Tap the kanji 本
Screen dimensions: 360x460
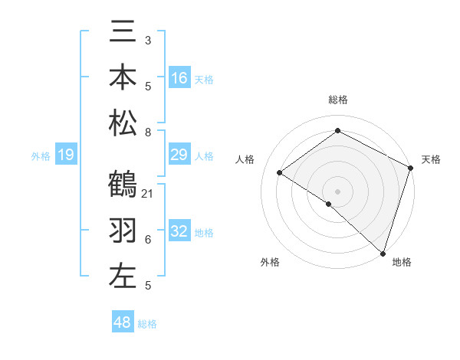click(123, 78)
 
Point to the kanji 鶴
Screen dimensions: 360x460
click(123, 186)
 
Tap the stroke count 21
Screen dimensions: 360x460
click(148, 193)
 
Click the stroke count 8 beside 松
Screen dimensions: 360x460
click(147, 132)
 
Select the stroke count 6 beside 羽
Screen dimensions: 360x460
click(147, 240)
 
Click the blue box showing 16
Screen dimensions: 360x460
click(179, 77)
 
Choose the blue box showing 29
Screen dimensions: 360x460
click(179, 155)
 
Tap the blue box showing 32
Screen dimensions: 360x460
click(179, 231)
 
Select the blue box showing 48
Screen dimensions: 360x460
click(123, 322)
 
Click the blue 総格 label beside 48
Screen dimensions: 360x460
click(147, 324)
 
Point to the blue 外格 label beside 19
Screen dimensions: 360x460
click(41, 156)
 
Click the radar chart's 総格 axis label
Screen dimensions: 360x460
click(337, 100)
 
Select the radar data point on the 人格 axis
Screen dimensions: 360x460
click(279, 172)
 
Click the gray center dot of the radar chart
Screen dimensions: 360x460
click(337, 190)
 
